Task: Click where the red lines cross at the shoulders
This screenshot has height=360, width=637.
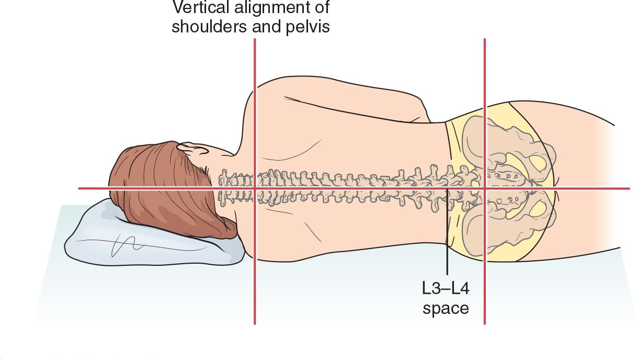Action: tap(255, 188)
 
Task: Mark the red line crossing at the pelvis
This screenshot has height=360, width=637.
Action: tap(485, 188)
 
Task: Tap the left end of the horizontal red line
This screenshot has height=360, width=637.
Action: tap(80, 188)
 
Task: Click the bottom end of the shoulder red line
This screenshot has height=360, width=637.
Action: tap(255, 322)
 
